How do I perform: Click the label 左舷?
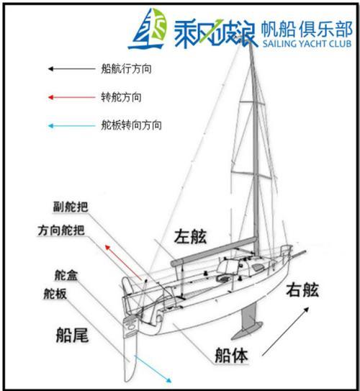(x=190, y=236)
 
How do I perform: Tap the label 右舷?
(x=302, y=289)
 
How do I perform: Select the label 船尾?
(x=72, y=335)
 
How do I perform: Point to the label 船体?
(x=231, y=355)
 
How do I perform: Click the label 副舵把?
(x=71, y=207)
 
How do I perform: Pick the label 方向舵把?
(x=61, y=230)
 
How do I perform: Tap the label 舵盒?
(x=66, y=275)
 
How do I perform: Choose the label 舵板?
(x=55, y=294)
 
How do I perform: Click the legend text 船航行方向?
(x=126, y=68)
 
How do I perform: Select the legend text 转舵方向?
(x=121, y=97)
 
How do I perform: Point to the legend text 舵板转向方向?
(x=131, y=125)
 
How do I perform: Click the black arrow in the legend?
(x=71, y=69)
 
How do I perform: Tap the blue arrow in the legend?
(x=71, y=126)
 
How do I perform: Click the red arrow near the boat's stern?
(x=123, y=262)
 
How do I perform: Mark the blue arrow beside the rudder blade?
(x=153, y=369)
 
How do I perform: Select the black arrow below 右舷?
(x=285, y=332)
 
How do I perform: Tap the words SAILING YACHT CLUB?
(x=307, y=43)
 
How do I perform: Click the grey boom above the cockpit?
(x=214, y=251)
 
